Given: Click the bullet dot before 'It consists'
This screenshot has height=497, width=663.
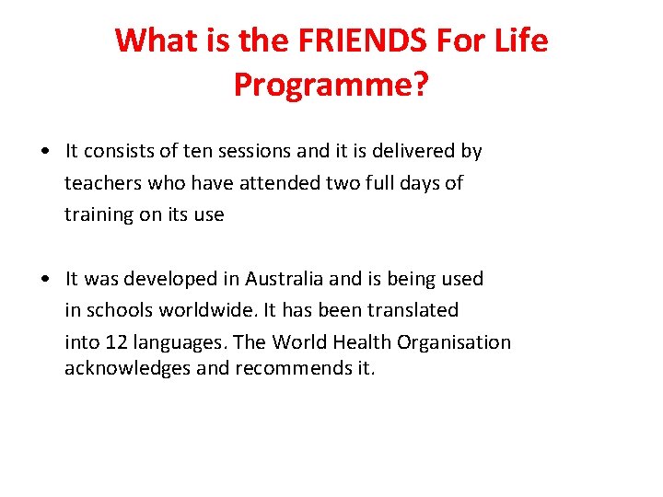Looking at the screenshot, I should (44, 151).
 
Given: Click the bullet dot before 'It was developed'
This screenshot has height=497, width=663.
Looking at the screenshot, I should (44, 279).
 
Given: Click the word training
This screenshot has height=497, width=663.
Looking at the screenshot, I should (99, 215).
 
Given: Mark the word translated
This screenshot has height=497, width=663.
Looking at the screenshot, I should (413, 310).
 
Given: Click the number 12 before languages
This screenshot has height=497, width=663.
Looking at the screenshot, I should (116, 342).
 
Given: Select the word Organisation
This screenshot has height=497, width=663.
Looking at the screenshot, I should (454, 342).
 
